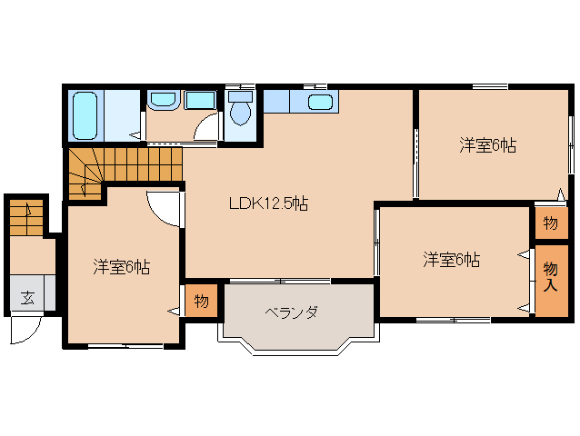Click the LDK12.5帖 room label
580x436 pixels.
(268, 203)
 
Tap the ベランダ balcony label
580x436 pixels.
(292, 312)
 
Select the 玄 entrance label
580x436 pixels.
(27, 297)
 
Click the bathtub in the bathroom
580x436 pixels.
(85, 115)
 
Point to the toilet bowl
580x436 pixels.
(240, 113)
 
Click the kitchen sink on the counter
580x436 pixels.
(320, 102)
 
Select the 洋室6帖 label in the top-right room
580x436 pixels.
(487, 145)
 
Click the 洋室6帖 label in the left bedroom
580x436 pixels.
(121, 267)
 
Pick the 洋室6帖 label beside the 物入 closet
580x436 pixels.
(452, 260)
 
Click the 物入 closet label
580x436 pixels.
(551, 277)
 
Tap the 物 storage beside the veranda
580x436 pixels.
(201, 302)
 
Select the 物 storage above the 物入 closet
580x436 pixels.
(551, 223)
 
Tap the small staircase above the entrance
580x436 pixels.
(26, 218)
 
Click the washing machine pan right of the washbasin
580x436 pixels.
(200, 100)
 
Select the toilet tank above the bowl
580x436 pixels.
(240, 97)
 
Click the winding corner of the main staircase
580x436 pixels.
(85, 173)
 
